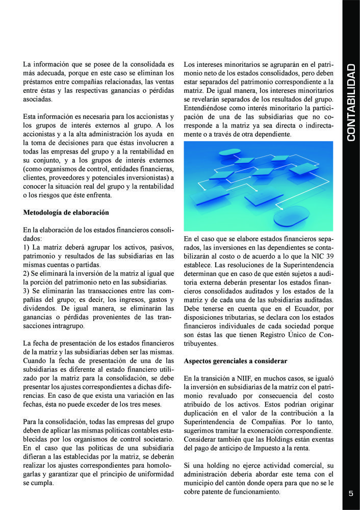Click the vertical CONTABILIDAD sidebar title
[x=351, y=103]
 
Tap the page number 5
[x=351, y=493]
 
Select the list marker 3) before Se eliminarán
[x=28, y=291]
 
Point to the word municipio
[x=200, y=483]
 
